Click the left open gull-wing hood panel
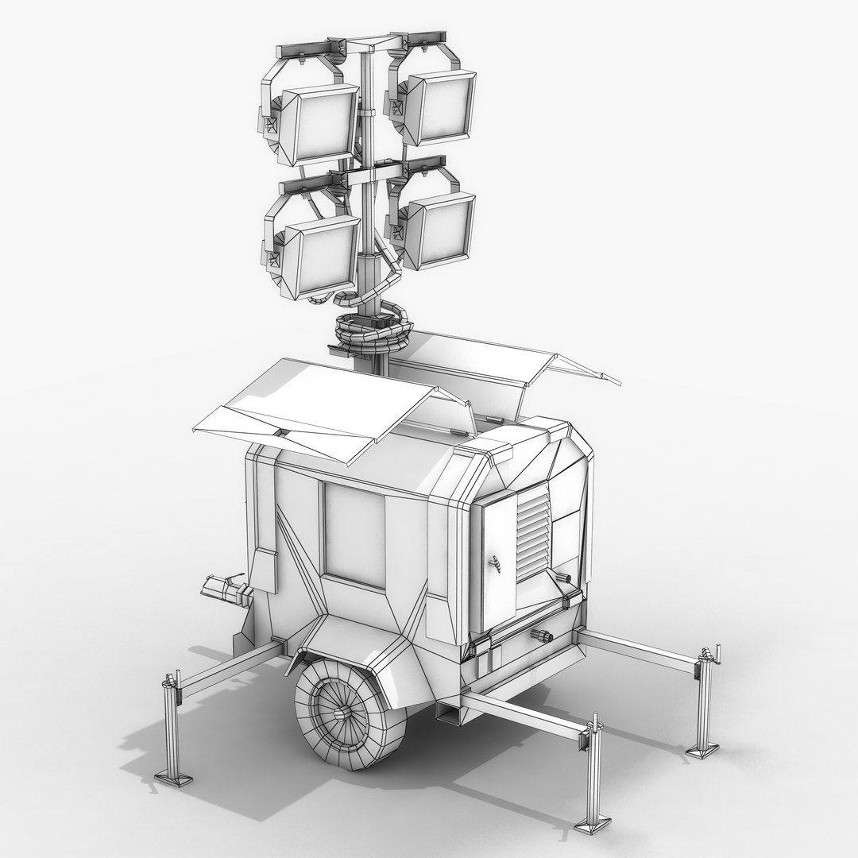[x=310, y=409]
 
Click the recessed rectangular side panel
[x=354, y=536]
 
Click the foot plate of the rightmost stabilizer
[x=702, y=751]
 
